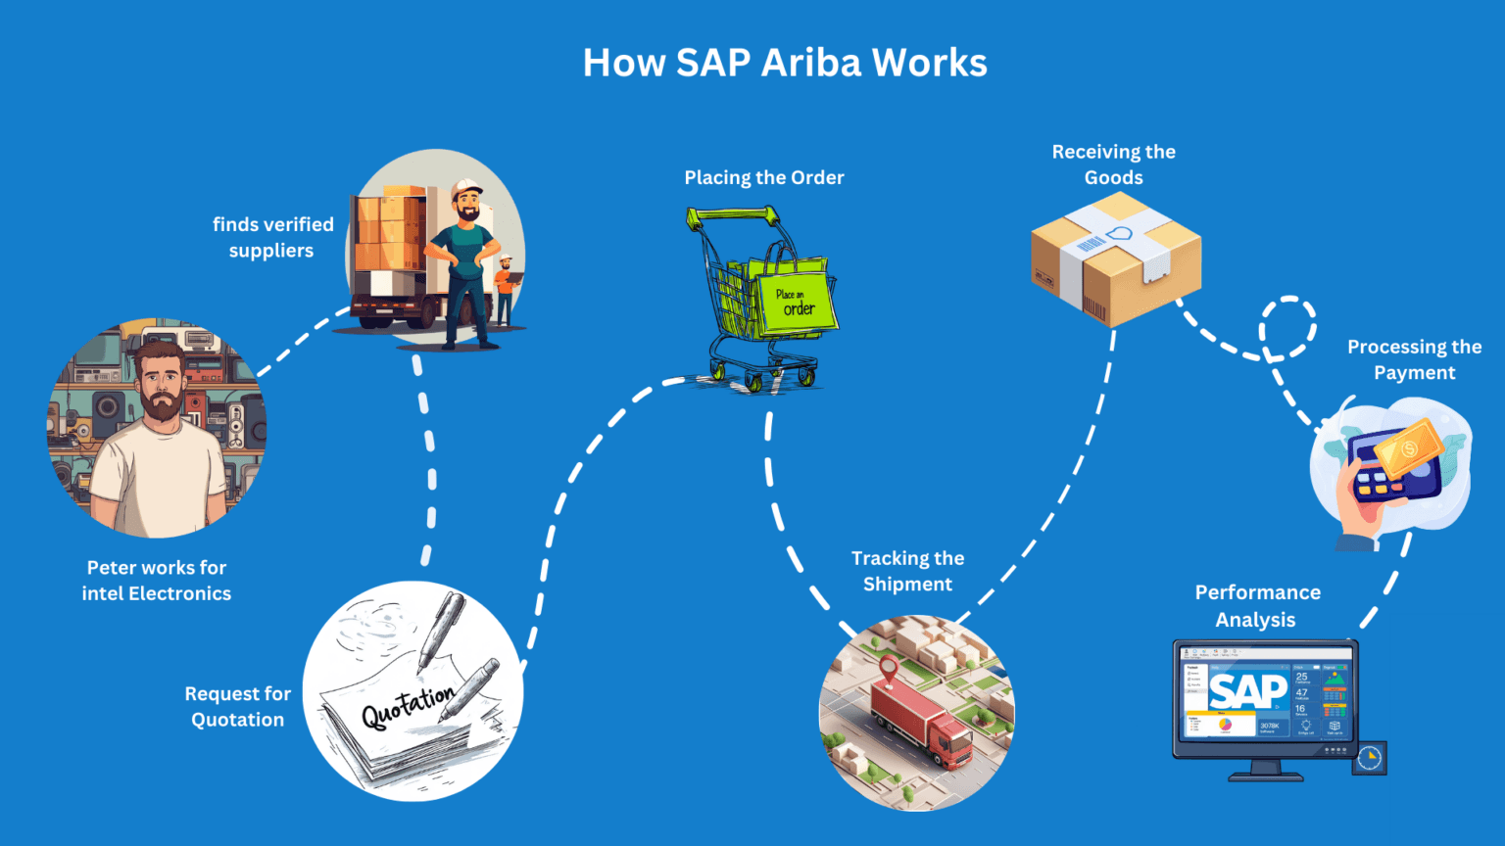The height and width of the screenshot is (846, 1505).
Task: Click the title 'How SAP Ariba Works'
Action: coord(785,63)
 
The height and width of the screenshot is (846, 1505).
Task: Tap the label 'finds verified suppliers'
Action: coord(272,237)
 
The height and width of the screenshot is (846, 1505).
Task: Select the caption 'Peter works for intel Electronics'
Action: coord(157,581)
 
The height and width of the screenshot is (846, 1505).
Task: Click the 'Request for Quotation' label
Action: coord(238,706)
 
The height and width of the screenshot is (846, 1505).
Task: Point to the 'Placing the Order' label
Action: coord(764,177)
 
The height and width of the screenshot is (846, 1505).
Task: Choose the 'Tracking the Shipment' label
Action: coord(907,571)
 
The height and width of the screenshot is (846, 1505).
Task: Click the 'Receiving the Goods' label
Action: coord(1114,164)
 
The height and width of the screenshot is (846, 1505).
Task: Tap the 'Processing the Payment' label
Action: coord(1414,359)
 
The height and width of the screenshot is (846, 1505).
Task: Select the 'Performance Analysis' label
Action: coord(1257,606)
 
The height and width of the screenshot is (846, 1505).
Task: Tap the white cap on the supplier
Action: coord(466,187)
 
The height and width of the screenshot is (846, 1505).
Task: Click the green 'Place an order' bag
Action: coord(796,300)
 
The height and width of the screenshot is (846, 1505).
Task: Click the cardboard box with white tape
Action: coord(1115,258)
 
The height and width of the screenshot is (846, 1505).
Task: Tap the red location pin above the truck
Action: coord(889,671)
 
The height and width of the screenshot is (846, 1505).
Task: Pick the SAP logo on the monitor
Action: coord(1247,691)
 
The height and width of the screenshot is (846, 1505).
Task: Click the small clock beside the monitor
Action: coord(1370,758)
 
